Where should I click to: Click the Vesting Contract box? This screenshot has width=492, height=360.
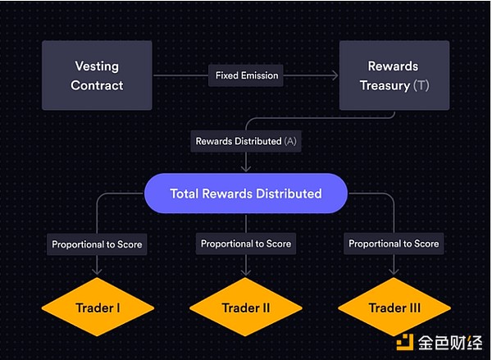(97, 75)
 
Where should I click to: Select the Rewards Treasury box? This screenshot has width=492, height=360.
(393, 75)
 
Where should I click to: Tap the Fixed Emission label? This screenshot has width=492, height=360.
(247, 75)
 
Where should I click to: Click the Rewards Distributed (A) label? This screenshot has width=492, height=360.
(246, 141)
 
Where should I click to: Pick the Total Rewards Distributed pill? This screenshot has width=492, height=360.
(246, 194)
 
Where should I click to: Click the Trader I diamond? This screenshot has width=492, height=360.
(97, 308)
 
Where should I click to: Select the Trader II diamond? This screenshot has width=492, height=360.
(246, 308)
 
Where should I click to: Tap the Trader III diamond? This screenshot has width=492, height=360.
(394, 308)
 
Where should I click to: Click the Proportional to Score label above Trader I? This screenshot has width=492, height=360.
(97, 244)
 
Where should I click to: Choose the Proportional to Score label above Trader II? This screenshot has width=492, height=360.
(246, 244)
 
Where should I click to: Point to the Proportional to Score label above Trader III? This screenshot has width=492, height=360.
(394, 244)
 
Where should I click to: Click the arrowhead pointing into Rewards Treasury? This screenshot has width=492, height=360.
(335, 75)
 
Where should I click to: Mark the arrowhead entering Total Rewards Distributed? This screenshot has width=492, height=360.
(246, 168)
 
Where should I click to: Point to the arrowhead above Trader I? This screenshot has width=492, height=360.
(97, 272)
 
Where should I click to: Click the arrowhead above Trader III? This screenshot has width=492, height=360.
(394, 272)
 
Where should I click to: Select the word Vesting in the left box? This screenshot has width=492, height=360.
(97, 66)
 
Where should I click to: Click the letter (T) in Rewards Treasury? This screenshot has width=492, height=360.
(421, 84)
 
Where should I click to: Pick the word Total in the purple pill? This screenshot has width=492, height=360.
(186, 194)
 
